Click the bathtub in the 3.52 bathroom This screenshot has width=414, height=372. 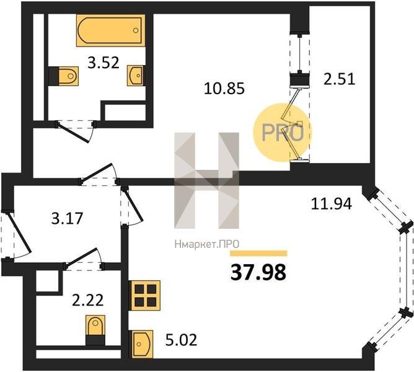click(111, 30)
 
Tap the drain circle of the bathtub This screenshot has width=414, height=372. click(136, 30)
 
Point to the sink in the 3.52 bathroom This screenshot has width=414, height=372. click(136, 76)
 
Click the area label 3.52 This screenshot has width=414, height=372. click(103, 63)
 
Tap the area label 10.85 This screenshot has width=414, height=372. click(224, 88)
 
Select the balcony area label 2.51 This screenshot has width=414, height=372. click(340, 79)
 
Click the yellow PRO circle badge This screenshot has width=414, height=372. click(282, 133)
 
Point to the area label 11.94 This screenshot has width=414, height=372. click(332, 204)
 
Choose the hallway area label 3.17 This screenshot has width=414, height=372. click(68, 218)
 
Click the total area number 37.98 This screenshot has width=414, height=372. click(258, 273)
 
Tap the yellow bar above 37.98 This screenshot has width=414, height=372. click(259, 254)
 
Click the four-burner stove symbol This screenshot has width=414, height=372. click(144, 295)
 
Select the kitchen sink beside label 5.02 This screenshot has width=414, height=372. click(141, 344)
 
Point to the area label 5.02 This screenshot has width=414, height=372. click(181, 340)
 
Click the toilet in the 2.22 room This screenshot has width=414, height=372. click(95, 330)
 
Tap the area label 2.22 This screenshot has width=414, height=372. click(87, 300)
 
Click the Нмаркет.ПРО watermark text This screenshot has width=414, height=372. click(207, 244)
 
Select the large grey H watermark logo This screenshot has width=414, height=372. click(207, 180)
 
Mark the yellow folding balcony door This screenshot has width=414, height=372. click(292, 124)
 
